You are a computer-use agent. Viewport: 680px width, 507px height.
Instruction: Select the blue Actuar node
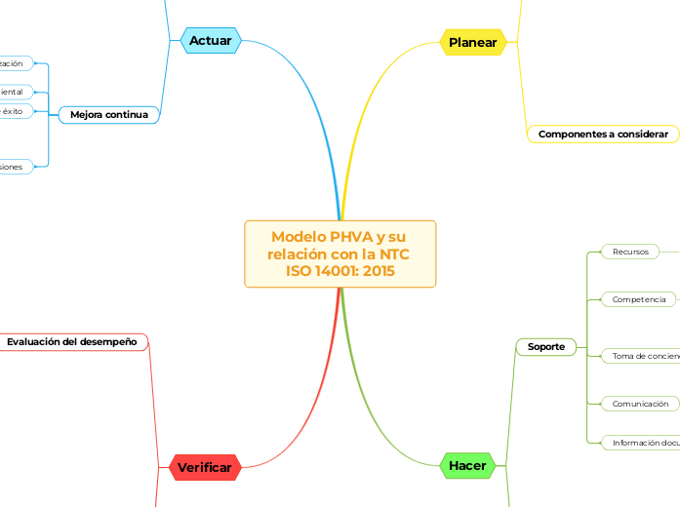pos(211,41)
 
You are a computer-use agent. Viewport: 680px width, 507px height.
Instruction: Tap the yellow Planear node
pos(473,42)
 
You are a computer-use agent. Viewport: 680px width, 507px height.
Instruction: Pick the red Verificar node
pos(205,468)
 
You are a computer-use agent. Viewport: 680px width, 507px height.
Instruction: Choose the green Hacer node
pos(467,466)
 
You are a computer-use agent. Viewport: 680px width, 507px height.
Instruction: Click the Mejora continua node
pos(108,115)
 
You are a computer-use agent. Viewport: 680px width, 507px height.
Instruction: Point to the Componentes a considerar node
pos(603,134)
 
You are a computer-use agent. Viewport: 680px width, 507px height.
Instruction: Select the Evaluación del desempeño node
pos(72,342)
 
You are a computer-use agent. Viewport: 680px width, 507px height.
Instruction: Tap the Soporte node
pos(545,346)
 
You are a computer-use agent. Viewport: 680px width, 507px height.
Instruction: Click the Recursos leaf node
pos(630,252)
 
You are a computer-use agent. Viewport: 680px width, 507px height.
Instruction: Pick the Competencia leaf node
pos(639,299)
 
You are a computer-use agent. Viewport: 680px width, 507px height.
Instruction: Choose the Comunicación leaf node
pos(640,404)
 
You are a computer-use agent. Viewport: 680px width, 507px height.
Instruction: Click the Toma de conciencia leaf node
pos(644,357)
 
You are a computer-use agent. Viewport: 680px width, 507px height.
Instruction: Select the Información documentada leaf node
pos(644,443)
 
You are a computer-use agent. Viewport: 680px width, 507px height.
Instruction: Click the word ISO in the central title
pos(303,271)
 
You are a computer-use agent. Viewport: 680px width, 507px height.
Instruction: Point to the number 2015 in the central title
pos(377,271)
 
